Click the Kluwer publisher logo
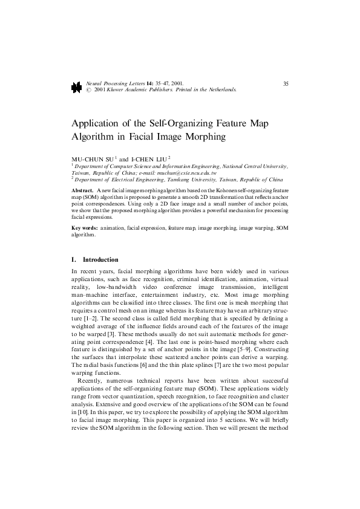tap(76, 87)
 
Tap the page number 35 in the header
tap(285, 83)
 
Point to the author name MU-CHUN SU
tap(90, 158)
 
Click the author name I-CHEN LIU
tap(144, 158)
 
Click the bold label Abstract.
tap(82, 190)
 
